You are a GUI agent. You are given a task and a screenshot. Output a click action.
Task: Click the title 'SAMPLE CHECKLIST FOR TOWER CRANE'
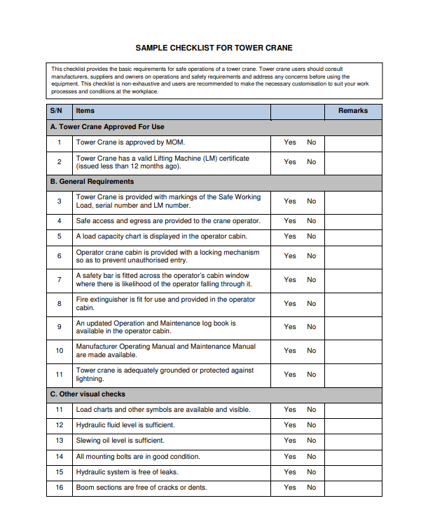[214, 48]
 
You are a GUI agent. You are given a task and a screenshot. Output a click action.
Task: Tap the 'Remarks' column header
[352, 111]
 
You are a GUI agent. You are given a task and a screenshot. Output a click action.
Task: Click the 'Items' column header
[85, 111]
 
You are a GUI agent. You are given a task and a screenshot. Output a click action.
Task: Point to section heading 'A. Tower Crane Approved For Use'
[107, 127]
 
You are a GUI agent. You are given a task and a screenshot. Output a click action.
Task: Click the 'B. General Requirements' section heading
[92, 182]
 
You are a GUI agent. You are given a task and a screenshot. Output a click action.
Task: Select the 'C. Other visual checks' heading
[88, 394]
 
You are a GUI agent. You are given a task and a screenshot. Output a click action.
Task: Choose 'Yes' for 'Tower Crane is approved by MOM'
[290, 142]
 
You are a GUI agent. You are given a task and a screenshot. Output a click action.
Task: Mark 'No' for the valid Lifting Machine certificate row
[311, 162]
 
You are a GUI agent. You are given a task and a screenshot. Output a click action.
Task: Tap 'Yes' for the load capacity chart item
[290, 236]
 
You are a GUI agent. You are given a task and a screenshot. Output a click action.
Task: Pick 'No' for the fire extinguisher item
[311, 304]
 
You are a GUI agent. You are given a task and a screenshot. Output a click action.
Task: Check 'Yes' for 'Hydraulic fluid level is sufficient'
[290, 425]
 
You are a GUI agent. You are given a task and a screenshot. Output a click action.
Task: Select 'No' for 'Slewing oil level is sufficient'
[311, 441]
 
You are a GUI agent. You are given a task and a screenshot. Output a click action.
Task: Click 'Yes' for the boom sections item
[290, 488]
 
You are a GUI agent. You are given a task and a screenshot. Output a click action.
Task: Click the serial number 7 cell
[60, 280]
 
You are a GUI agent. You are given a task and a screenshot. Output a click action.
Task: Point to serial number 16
[60, 488]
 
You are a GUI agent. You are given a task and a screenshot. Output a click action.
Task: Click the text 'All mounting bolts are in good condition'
[138, 457]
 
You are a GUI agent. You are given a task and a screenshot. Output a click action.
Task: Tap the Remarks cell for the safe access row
[352, 221]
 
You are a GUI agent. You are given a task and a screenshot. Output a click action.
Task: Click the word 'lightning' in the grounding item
[90, 379]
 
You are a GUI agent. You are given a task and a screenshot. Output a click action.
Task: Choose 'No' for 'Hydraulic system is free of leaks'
[311, 472]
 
